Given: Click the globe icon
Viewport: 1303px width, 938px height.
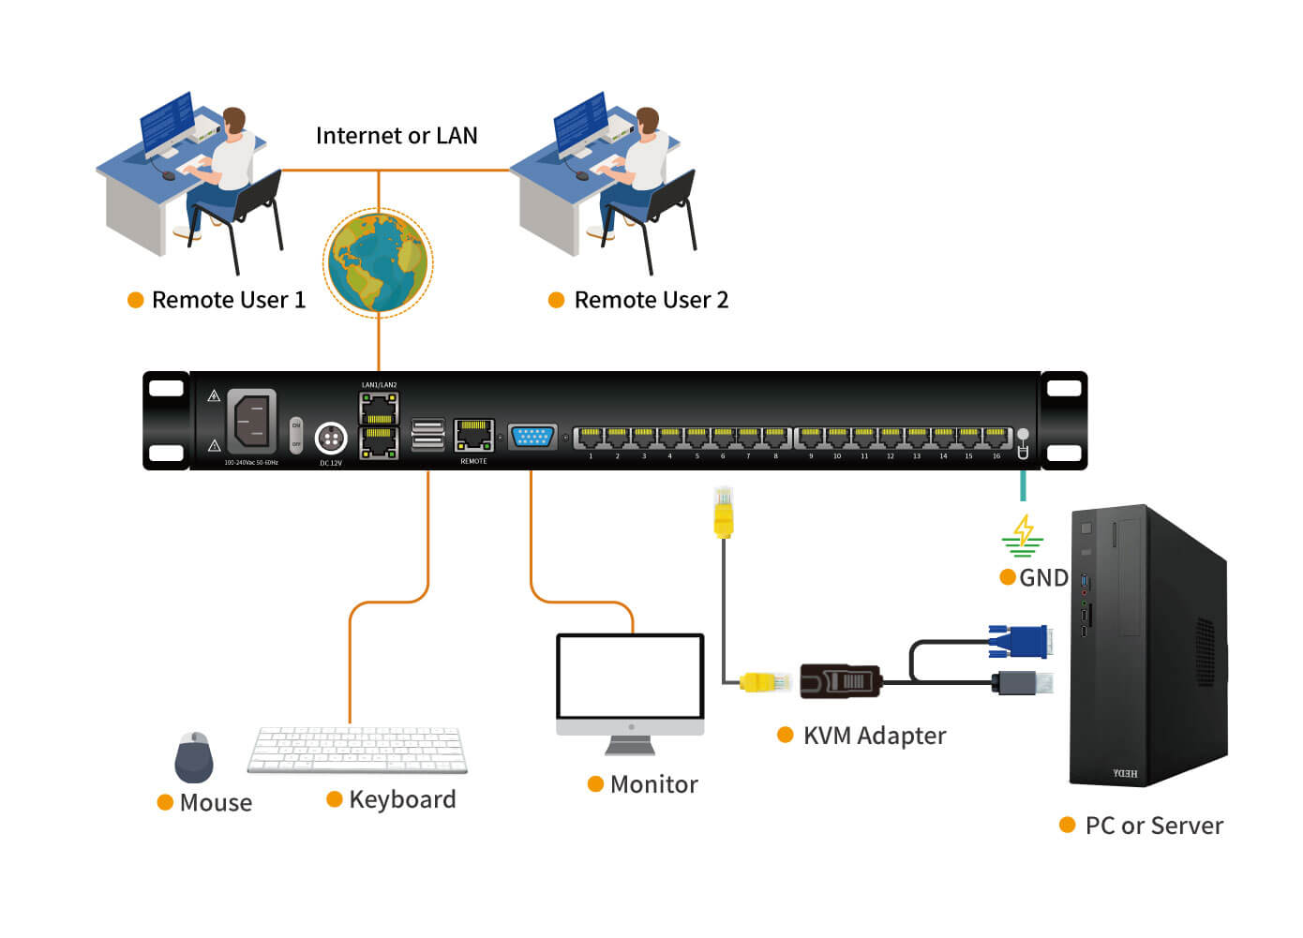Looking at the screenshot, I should (x=378, y=261).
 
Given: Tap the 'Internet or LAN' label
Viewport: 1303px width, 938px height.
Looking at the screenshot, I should (x=397, y=136).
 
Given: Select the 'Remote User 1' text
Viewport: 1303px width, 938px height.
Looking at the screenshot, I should (x=228, y=300).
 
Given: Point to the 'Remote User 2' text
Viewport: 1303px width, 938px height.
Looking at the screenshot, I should (x=651, y=300).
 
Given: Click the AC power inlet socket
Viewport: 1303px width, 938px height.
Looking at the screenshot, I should (x=251, y=421).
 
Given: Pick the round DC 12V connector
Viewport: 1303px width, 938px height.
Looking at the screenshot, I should (x=331, y=438).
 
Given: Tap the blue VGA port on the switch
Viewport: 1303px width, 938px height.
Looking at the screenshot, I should (x=532, y=437).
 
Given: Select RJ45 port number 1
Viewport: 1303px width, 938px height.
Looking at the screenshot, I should (x=590, y=438).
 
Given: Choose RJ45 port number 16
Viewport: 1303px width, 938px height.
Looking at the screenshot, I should (x=996, y=438).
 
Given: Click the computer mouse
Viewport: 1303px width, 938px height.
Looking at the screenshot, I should (x=194, y=757).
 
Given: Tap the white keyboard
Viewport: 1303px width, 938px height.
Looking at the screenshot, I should (x=357, y=750).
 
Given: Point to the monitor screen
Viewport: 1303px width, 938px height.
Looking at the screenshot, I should (x=630, y=677).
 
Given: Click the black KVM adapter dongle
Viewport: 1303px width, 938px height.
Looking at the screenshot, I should (x=840, y=681).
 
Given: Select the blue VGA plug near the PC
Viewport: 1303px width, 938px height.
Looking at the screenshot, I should (x=1019, y=642).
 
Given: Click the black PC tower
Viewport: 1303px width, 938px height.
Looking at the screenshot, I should (x=1147, y=647).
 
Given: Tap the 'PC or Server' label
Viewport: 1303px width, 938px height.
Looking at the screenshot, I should (x=1153, y=826).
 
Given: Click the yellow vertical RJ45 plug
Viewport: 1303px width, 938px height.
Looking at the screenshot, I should (x=723, y=514).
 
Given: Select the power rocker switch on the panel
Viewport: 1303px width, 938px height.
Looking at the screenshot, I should (x=296, y=435).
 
